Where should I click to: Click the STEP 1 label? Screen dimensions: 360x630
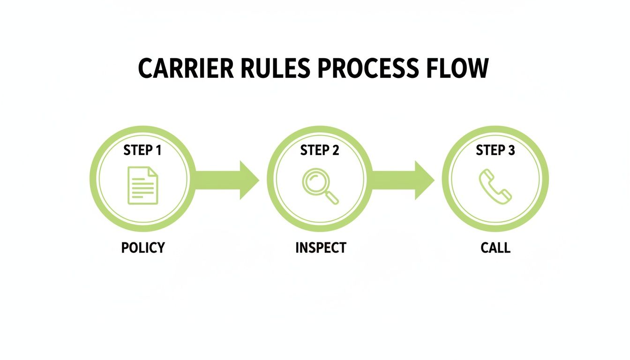142,150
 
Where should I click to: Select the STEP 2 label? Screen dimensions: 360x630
320,150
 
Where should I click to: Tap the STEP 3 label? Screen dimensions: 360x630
495,150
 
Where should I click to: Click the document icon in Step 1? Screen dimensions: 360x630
143,186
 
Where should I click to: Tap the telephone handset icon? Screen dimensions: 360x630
495,186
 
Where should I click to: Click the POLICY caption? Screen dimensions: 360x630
143,247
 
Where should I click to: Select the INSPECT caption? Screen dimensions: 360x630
321,247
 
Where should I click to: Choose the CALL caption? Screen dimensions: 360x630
495,247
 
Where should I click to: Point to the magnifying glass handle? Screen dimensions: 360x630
332,198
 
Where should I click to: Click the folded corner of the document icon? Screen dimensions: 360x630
153,172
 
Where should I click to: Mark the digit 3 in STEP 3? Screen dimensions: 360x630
511,150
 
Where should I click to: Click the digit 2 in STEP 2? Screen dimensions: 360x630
335,150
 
